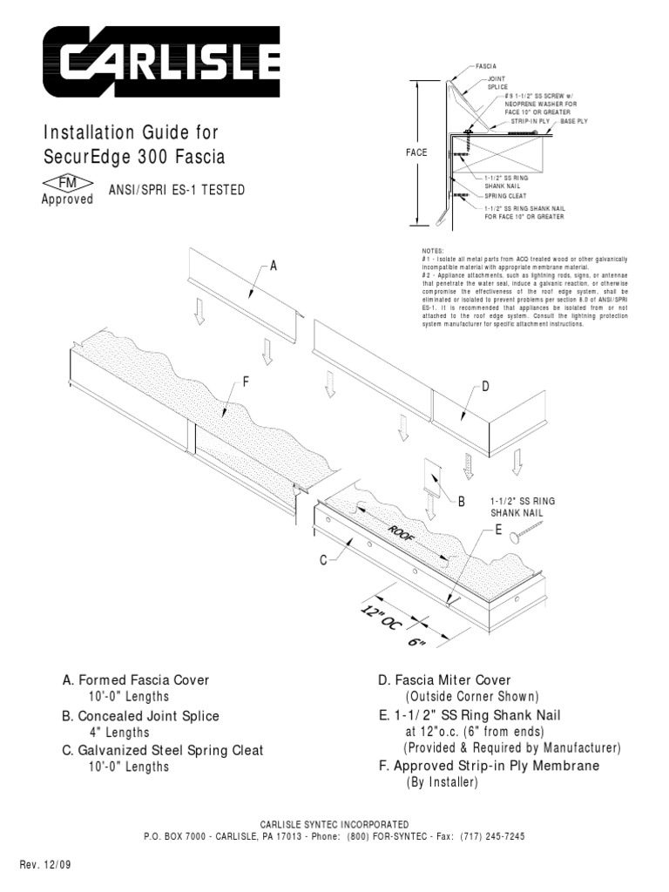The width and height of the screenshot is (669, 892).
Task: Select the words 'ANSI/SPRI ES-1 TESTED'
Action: (x=178, y=191)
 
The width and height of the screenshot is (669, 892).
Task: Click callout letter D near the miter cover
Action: (x=486, y=387)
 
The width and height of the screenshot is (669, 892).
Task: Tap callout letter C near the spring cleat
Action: (x=323, y=562)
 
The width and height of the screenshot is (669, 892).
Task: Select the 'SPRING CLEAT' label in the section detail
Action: (x=505, y=196)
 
